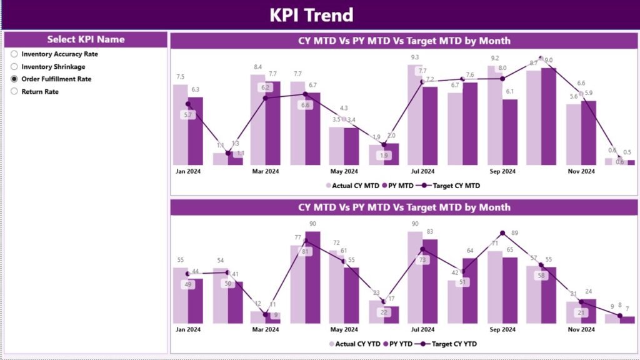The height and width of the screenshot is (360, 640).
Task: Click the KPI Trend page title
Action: click(x=311, y=15)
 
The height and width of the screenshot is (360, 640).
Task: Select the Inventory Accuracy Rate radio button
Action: click(x=14, y=54)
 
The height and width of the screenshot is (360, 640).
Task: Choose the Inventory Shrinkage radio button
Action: click(x=14, y=67)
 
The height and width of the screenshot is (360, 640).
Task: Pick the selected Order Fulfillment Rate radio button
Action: click(x=14, y=79)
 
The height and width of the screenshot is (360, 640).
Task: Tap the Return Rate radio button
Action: click(x=14, y=92)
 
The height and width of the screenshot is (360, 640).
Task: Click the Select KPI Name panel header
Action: click(x=86, y=39)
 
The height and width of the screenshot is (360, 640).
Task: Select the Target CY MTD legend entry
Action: click(x=449, y=186)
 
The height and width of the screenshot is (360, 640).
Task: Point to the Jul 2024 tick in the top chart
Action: click(x=422, y=171)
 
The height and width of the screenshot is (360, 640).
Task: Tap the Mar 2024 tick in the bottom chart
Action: click(x=266, y=329)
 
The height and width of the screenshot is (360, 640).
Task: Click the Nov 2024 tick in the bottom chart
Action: click(x=581, y=329)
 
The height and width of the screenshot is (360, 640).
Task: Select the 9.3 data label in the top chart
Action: click(x=414, y=57)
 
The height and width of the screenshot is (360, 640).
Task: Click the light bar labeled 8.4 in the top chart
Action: click(x=257, y=122)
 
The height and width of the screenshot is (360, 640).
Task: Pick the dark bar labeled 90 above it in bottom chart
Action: click(x=312, y=278)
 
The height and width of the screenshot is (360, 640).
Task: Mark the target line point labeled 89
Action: click(x=502, y=233)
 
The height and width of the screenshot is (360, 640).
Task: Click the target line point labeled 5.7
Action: click(x=187, y=104)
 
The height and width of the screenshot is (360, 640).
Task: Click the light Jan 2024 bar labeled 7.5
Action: click(x=181, y=125)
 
